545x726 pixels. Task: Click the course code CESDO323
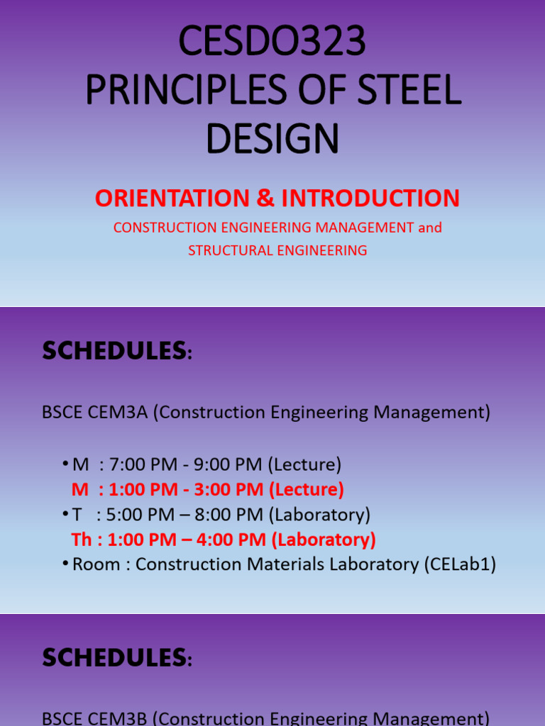point(272,42)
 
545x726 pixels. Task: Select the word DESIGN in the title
point(272,138)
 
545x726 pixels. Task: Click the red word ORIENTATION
point(173,199)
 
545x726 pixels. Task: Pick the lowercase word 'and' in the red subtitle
point(429,228)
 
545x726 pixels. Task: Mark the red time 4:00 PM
point(237,540)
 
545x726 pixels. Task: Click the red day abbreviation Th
point(82,540)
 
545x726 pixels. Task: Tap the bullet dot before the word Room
point(66,563)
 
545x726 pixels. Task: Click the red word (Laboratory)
point(324,540)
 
